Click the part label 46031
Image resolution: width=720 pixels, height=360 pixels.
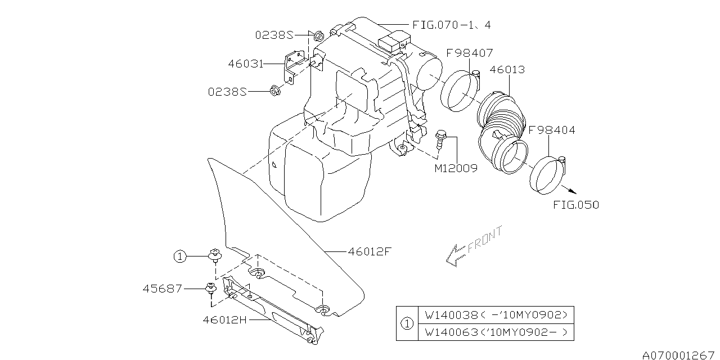click(246, 64)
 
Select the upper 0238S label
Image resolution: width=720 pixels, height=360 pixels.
click(273, 35)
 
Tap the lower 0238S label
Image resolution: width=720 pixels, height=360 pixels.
click(228, 91)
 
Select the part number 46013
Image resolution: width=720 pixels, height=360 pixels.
click(507, 70)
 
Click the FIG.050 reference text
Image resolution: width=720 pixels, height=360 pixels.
click(575, 205)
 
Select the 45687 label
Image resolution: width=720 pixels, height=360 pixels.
click(163, 289)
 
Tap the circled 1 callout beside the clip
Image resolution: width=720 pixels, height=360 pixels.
click(179, 257)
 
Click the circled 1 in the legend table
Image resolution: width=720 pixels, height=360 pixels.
click(407, 323)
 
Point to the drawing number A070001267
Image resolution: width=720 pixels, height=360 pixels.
click(678, 354)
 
